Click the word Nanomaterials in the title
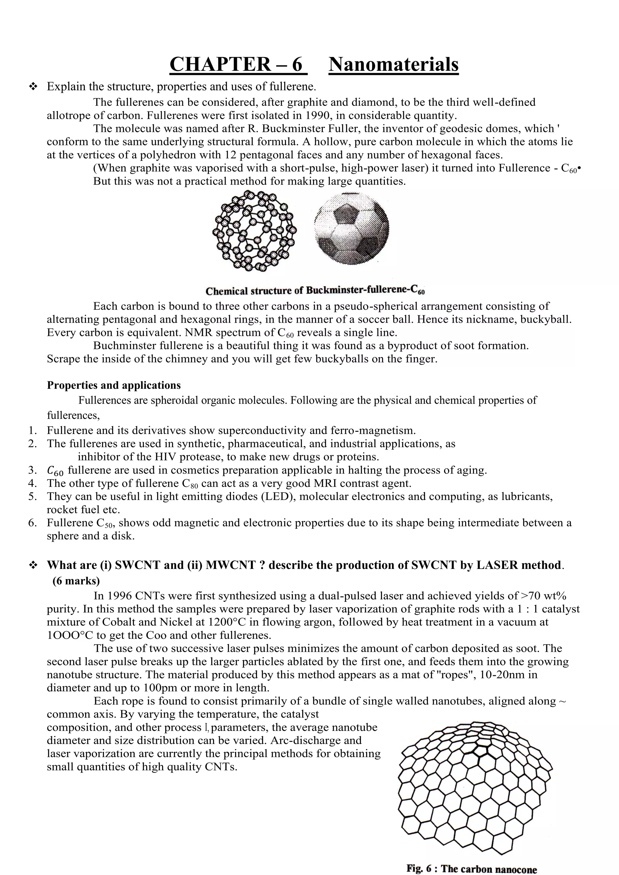[x=393, y=64]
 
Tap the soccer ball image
[x=352, y=229]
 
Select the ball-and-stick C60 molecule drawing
[x=254, y=231]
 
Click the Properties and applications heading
[x=114, y=385]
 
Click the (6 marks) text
[x=76, y=581]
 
